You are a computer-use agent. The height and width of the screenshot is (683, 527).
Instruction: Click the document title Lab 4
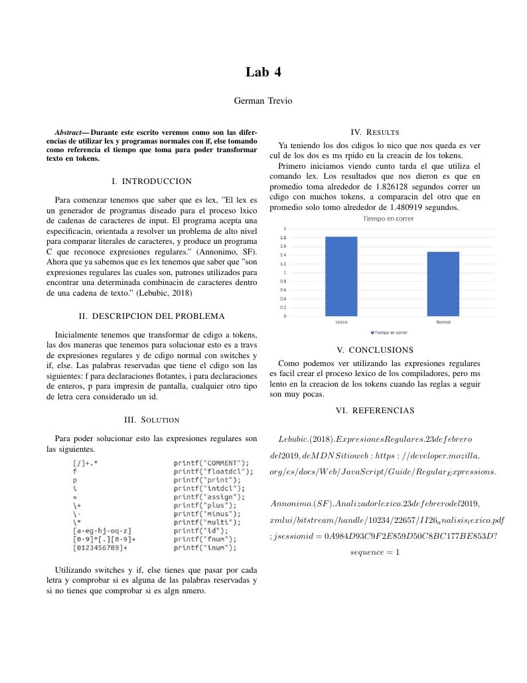263,72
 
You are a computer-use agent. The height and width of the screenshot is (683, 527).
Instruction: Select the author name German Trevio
263,101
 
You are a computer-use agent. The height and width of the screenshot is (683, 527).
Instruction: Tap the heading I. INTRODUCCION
152,181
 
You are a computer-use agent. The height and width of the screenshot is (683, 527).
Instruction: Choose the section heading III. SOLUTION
152,420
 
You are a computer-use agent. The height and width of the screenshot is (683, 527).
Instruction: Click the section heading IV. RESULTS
374,132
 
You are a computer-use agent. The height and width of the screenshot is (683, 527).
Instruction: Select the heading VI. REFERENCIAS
374,411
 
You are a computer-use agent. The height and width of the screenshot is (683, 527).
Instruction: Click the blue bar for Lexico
341,276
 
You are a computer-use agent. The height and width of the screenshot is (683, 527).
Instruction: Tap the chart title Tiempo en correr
388,219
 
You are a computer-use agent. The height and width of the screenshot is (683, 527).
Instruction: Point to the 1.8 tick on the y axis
283,237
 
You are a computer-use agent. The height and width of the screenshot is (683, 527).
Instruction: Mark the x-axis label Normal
443,322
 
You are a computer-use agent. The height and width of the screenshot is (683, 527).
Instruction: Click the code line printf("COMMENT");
211,462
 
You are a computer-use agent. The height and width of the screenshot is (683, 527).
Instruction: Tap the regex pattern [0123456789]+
100,547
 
